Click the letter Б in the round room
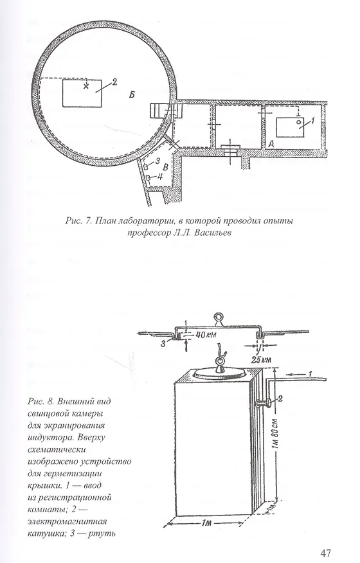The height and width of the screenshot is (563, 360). (132, 94)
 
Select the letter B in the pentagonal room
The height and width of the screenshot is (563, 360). (166, 167)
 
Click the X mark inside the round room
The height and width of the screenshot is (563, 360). (85, 85)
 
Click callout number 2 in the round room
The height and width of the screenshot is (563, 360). (114, 82)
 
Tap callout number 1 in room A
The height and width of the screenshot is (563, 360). (312, 121)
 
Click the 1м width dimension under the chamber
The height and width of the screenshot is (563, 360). (206, 523)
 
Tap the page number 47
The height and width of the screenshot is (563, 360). (325, 553)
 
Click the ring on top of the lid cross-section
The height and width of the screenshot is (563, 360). (219, 317)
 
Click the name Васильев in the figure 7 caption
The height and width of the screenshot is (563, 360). (209, 233)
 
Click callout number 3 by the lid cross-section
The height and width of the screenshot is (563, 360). (163, 344)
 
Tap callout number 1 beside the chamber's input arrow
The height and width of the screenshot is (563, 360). (309, 374)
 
